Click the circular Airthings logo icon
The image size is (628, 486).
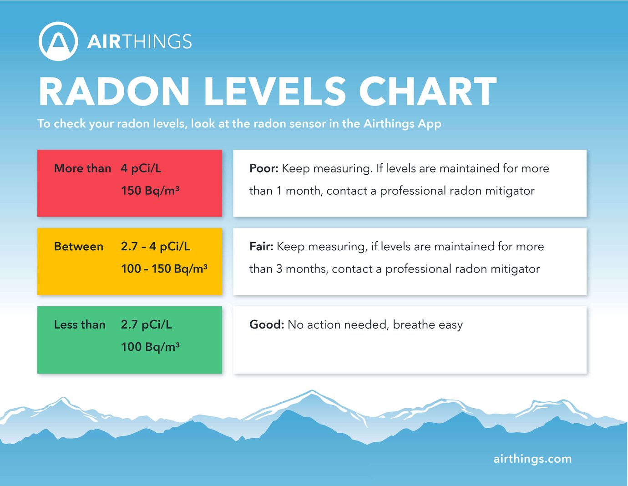pos(58,41)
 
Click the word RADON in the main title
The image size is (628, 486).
pos(114,91)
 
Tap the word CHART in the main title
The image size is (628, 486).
pos(427,91)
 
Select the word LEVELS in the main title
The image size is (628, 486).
pos(275,91)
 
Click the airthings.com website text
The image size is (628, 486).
pos(532,459)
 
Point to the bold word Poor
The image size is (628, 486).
pos(263,168)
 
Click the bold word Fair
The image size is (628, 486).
pos(261,247)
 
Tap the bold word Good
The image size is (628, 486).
pos(267,325)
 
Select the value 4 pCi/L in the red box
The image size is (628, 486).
pos(141,168)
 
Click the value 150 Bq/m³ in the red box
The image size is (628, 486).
pos(150,191)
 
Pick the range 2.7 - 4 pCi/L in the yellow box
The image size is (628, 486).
pos(156,247)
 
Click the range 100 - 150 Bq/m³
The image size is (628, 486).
pos(164,269)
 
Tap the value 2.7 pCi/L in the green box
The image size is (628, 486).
pos(147,325)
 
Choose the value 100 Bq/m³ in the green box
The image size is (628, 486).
pos(151,347)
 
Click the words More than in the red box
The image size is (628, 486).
pos(82,168)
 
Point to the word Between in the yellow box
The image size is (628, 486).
pos(79,247)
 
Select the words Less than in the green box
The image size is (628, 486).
pos(80,325)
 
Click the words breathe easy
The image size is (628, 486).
pos(428,325)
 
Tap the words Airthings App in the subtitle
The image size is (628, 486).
pos(402,124)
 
